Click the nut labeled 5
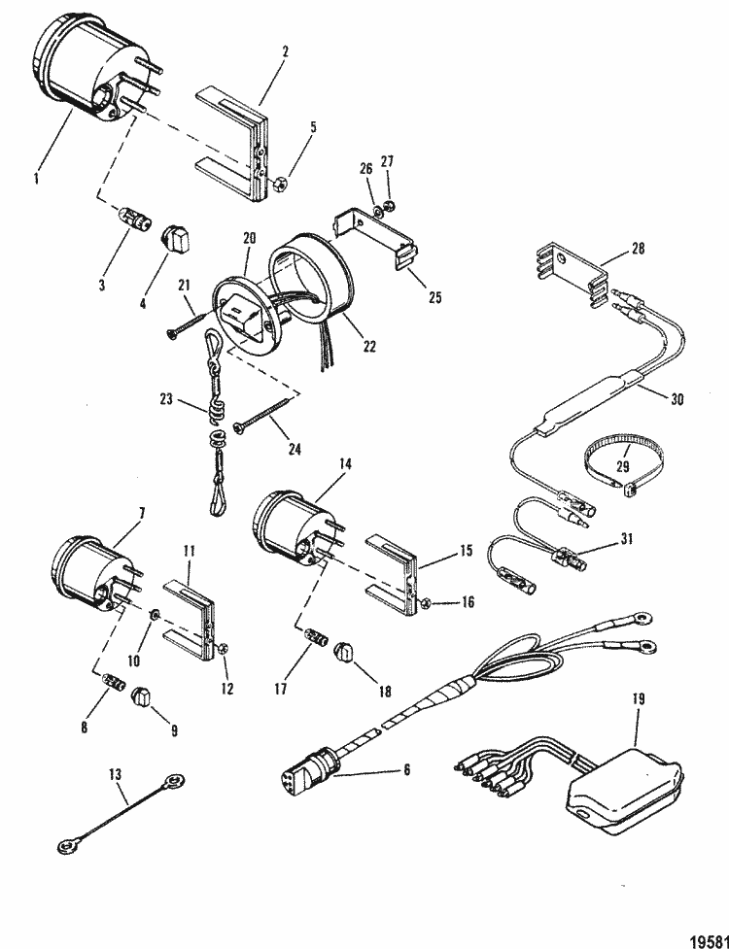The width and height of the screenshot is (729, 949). click(x=278, y=183)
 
